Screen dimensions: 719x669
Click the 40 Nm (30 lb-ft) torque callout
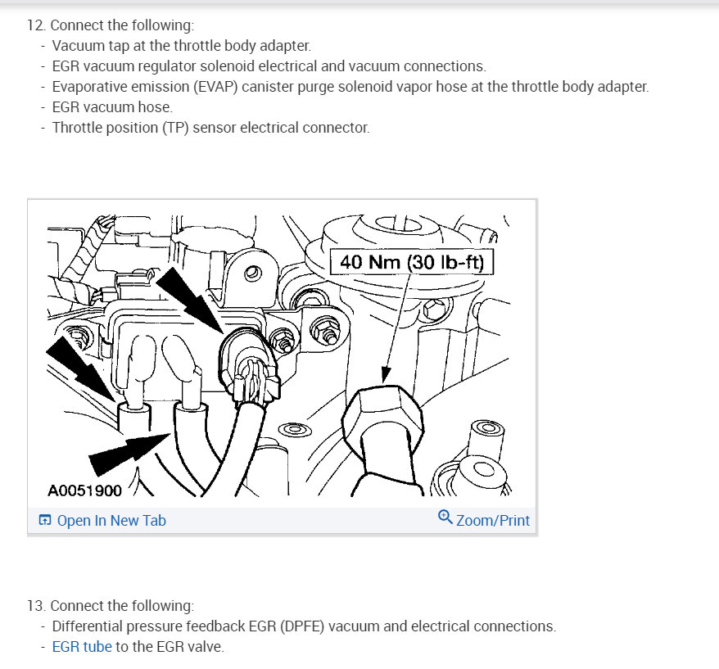click(412, 262)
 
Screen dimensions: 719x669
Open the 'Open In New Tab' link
click(111, 521)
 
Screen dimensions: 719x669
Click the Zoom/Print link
click(493, 521)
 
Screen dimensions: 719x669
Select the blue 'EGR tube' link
click(82, 647)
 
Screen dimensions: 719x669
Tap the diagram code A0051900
click(85, 490)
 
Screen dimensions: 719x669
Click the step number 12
click(36, 25)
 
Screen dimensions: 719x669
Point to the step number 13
click(36, 606)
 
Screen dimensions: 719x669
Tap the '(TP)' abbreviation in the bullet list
click(175, 128)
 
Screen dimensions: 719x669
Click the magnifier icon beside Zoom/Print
click(445, 517)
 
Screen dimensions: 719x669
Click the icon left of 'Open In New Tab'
click(45, 520)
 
